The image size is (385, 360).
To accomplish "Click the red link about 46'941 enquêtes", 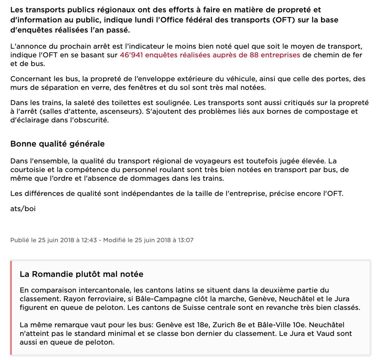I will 209,55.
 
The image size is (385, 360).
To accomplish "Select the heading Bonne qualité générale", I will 58,144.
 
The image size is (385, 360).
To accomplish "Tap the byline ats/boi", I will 23,209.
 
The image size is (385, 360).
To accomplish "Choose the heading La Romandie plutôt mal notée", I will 82,274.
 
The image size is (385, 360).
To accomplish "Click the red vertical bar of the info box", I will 11,308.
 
